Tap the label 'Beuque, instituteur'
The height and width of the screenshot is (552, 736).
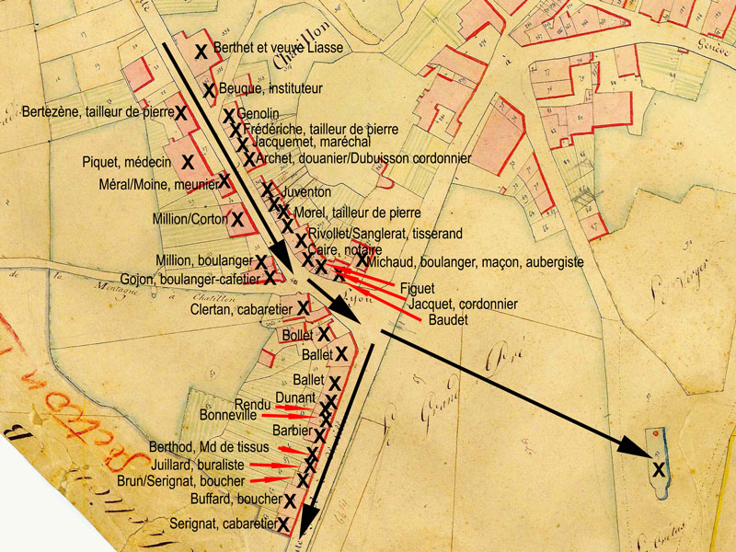click(270, 89)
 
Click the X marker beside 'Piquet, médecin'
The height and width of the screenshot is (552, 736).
click(188, 162)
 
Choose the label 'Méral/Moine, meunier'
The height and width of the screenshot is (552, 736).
click(156, 182)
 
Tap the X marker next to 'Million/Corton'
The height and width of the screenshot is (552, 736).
click(236, 219)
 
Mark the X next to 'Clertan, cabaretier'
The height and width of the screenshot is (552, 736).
click(303, 305)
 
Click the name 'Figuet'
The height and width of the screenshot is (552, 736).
click(418, 288)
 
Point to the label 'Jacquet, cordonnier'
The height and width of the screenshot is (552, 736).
click(462, 304)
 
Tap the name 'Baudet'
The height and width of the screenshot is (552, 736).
click(449, 319)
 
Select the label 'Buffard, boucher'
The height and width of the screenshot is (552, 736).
click(236, 500)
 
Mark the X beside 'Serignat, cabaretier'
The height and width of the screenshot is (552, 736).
click(283, 523)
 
